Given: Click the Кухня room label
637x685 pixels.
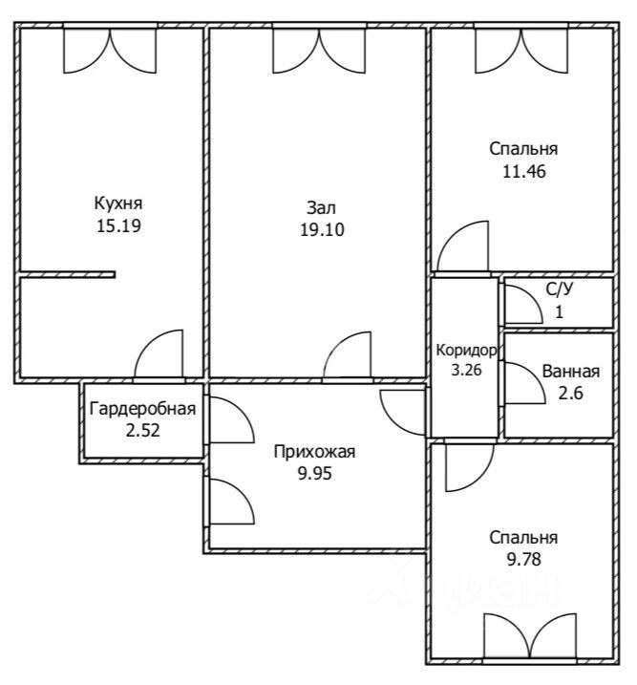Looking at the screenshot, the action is [118, 203].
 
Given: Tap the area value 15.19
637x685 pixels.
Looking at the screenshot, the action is [118, 226].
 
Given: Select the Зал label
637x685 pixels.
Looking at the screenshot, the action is [321, 207].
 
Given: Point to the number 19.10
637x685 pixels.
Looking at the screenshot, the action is [322, 229].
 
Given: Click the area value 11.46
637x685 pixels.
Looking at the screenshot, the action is [524, 171].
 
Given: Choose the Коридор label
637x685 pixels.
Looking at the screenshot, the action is [466, 350].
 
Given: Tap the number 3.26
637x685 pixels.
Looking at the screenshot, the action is [466, 370].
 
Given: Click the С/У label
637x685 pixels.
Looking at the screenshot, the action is [560, 289].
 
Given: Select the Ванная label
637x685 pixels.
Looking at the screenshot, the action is [571, 372].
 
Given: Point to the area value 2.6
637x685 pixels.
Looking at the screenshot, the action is [571, 394].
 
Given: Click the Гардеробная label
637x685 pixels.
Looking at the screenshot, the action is [142, 409].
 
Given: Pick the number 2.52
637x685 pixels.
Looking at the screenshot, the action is [142, 431].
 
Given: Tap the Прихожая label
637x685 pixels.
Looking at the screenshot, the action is [314, 452].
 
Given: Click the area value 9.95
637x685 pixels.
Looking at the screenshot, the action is [315, 473].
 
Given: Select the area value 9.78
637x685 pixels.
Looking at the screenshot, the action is [524, 559].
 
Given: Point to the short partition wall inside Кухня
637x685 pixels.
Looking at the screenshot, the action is [68, 275].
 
